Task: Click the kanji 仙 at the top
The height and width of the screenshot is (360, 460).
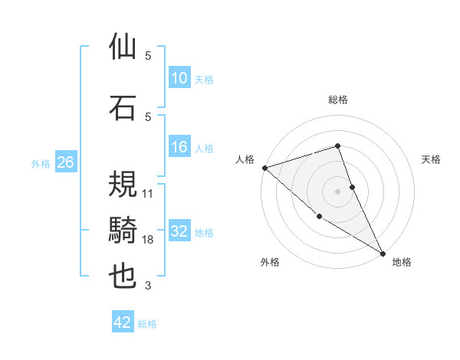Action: coord(123,47)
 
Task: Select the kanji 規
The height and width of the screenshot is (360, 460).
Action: coord(123,183)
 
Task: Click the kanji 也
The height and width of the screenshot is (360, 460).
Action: coord(123,277)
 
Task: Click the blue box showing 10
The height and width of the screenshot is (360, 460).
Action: coord(179,78)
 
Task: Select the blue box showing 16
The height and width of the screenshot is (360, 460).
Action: coord(179,147)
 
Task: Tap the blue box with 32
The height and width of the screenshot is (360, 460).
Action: coord(179,231)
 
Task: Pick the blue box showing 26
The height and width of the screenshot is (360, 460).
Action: coord(65,162)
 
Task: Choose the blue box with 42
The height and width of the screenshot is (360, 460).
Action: coord(123,322)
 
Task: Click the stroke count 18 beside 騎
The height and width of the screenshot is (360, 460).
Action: coord(148,240)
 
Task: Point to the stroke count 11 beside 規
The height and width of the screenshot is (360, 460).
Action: coord(148,193)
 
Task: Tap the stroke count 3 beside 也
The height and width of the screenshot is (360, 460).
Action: coord(148,286)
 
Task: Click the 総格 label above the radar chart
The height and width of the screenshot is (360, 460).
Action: coord(338,100)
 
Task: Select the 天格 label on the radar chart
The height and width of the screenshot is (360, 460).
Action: coord(431,159)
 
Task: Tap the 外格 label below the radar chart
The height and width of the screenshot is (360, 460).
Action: coord(270,262)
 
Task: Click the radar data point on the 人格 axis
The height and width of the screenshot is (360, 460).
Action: coord(264,168)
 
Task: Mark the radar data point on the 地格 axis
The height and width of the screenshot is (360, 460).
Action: coord(383,253)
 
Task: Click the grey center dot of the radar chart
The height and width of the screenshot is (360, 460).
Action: coord(338,191)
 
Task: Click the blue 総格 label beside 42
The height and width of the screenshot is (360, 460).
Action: coord(148,324)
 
